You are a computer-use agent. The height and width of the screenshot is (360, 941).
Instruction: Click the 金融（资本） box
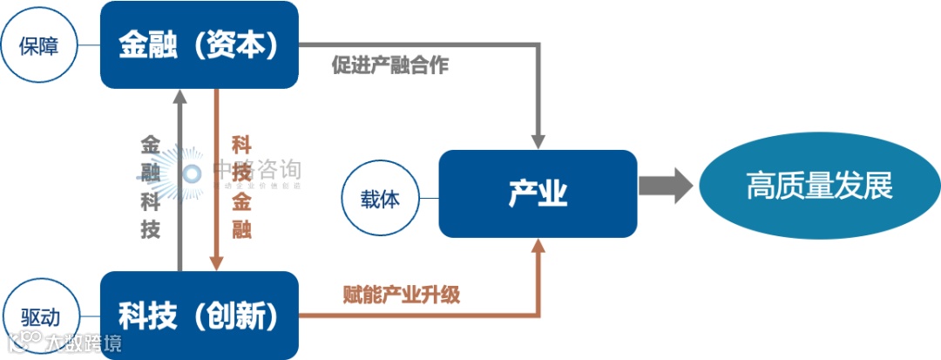(200, 44)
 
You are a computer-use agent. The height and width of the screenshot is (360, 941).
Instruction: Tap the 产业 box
(538, 194)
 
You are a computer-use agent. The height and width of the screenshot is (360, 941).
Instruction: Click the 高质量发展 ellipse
(819, 186)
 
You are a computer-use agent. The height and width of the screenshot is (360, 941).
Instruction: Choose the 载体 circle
(380, 198)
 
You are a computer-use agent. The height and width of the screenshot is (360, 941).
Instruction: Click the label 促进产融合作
(389, 65)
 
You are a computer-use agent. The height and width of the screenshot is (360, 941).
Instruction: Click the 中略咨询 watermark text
(257, 168)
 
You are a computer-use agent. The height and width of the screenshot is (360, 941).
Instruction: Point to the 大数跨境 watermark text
(84, 343)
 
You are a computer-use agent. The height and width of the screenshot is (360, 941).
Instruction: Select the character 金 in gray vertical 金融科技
(151, 144)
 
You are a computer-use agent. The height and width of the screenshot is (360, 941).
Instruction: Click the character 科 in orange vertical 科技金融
(241, 144)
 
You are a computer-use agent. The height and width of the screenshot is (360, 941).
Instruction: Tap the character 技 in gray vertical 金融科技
(151, 229)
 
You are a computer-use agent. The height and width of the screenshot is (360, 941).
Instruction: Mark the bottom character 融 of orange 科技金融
(241, 229)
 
